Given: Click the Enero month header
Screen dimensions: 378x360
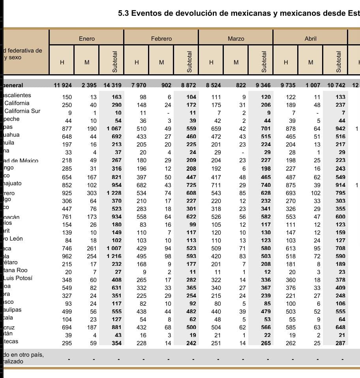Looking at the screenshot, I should tap(86, 39).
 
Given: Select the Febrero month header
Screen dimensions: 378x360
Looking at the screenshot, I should tap(161, 39).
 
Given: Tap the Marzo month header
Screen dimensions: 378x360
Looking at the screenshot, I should tap(236, 39).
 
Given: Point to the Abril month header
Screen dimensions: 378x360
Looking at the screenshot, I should tap(310, 39).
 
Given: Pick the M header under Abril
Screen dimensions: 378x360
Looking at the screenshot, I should tap(311, 62).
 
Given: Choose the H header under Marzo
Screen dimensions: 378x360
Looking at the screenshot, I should tap(211, 62).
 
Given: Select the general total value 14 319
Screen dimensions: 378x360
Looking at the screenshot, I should tap(112, 85).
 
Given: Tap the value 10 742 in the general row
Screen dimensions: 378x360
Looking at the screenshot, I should tap(336, 85).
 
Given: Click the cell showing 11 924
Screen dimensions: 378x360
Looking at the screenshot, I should tap(63, 85).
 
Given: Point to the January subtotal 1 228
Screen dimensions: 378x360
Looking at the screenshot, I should tap(113, 193).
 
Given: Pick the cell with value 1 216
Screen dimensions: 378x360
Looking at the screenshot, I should tap(113, 256).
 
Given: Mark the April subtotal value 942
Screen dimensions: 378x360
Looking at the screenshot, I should tap(340, 129).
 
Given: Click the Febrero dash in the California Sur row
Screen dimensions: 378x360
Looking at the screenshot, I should tap(168, 113).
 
